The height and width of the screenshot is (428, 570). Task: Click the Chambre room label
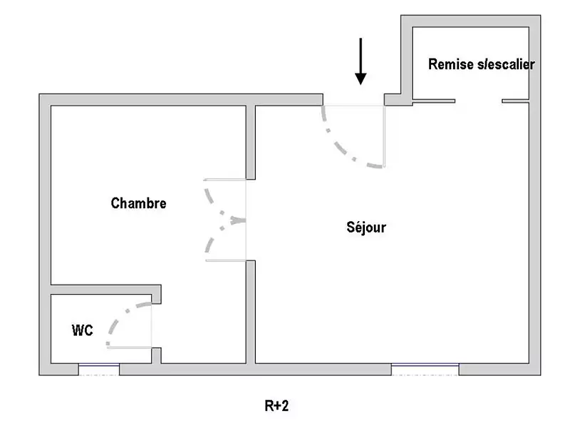click(139, 203)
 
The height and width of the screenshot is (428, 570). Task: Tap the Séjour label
click(366, 228)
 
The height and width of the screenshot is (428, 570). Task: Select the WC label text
click(82, 331)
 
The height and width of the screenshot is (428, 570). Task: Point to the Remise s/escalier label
click(481, 64)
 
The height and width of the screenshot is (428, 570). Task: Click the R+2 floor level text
click(276, 407)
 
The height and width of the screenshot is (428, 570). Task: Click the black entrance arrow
click(361, 61)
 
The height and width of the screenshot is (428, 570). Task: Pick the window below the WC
click(98, 369)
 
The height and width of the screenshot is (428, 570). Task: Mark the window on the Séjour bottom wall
click(425, 369)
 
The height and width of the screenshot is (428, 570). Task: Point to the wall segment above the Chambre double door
click(251, 141)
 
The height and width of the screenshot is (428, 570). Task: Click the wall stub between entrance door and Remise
click(393, 99)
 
